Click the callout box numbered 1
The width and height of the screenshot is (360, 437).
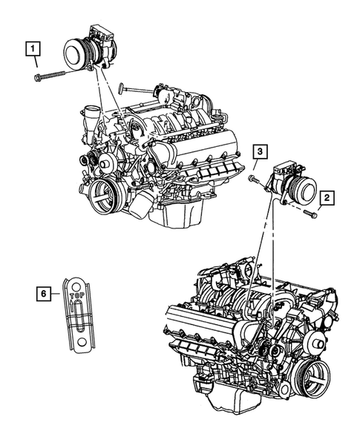pos(33,50)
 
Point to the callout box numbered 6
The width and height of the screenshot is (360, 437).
pos(45,295)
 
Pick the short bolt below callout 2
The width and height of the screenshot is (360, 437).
pos(311,215)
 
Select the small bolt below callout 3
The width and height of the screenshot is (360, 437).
pos(254,179)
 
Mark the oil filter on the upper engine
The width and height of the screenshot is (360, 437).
pos(141,200)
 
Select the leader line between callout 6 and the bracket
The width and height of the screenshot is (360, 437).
pos(57,295)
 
